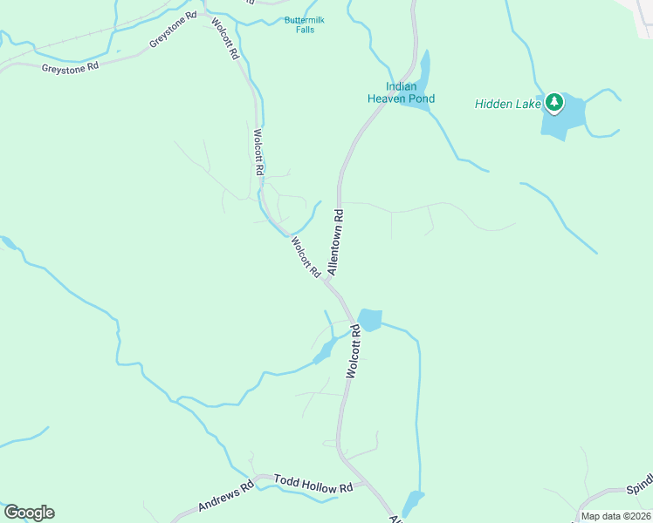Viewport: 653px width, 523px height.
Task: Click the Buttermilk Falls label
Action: click(x=304, y=24)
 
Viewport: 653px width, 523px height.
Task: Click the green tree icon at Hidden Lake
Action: click(x=553, y=103)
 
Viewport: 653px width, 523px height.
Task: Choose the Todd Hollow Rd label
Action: click(x=313, y=485)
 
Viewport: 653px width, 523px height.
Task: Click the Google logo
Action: click(x=29, y=513)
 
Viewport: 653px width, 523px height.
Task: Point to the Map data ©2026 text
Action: click(x=615, y=516)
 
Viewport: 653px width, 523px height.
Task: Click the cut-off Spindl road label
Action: click(x=639, y=489)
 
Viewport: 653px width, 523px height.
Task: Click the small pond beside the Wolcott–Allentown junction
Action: click(x=369, y=320)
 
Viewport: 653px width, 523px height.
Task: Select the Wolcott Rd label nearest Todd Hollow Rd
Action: click(x=352, y=350)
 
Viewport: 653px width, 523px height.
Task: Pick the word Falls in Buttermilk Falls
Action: click(x=304, y=30)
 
